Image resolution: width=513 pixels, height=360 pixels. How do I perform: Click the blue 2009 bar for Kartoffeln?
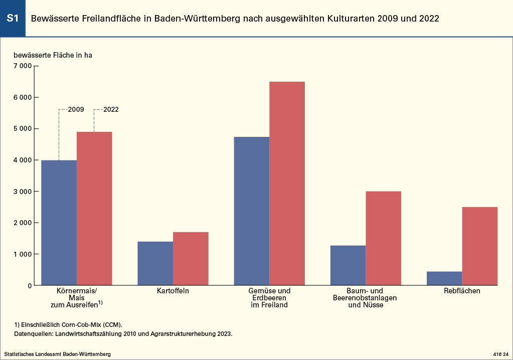155,263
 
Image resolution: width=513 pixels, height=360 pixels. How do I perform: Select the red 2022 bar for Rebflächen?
479,246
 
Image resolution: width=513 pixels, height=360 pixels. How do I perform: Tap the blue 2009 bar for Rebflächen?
444,278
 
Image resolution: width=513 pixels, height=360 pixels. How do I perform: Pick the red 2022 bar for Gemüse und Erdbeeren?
287,183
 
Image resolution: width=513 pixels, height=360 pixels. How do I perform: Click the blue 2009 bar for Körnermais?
59,223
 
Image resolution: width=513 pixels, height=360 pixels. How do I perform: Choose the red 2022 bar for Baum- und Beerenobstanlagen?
383,238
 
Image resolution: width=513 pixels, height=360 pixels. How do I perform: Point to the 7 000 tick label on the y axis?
23,66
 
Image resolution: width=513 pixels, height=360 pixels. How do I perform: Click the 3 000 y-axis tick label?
23,192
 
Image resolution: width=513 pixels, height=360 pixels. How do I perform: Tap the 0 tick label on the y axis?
30,285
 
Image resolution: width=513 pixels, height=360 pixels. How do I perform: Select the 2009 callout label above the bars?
76,109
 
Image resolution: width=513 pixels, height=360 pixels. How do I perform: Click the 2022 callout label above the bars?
111,109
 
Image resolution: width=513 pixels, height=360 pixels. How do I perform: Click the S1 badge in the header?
13,19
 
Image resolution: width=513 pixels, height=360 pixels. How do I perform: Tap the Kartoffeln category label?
173,291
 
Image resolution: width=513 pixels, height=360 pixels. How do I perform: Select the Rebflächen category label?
462,291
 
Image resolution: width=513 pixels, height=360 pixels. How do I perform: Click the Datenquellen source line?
123,333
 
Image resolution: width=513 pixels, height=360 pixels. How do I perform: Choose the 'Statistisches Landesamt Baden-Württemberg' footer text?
57,354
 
